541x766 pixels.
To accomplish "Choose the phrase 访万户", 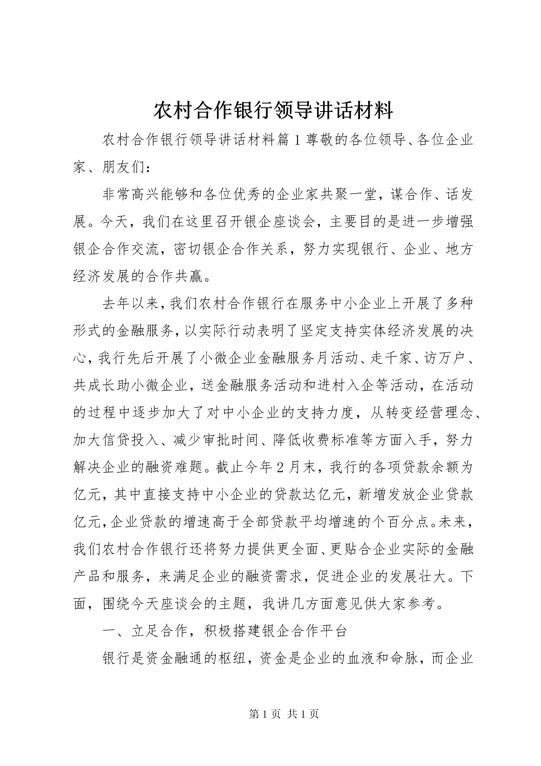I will pyautogui.click(x=444, y=359).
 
